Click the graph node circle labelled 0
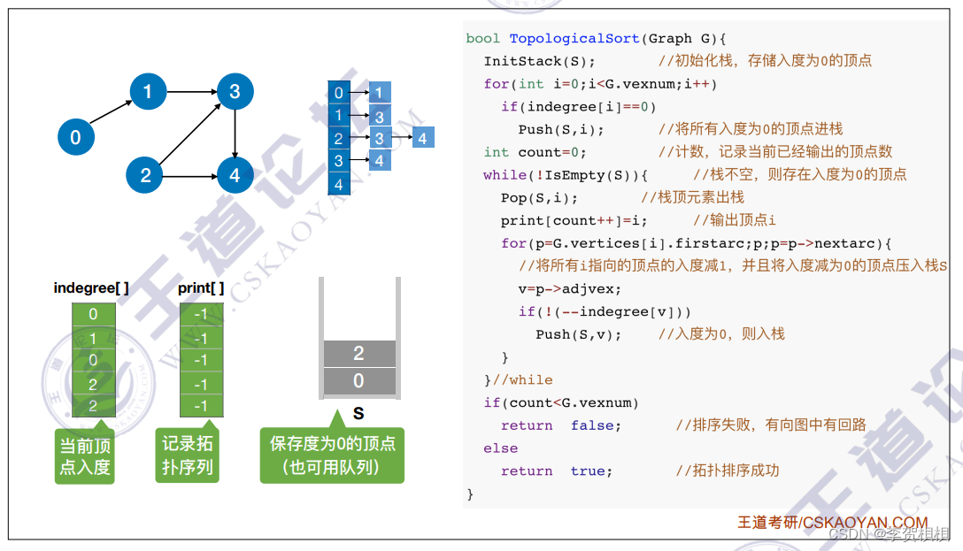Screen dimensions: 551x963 (75, 137)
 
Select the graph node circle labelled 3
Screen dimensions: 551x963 (235, 91)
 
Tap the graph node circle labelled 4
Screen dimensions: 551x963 (235, 175)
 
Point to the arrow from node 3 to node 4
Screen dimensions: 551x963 (235, 133)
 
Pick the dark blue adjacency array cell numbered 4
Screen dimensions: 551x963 (338, 185)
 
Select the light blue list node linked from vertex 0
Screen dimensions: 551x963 (380, 92)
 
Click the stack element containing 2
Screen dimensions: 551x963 (358, 354)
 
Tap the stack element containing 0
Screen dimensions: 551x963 (358, 381)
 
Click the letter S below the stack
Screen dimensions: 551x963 (358, 413)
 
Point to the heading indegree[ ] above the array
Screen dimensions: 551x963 (91, 287)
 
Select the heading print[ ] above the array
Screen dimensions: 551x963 (201, 287)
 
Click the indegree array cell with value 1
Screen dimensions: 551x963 (93, 338)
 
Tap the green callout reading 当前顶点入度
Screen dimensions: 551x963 (85, 455)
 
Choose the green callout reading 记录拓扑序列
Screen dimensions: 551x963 (188, 455)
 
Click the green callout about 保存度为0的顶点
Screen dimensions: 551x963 (332, 455)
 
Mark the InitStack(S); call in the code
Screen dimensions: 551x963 (539, 61)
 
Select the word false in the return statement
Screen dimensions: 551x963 (596, 425)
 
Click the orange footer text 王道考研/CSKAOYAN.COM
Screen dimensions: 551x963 (833, 523)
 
